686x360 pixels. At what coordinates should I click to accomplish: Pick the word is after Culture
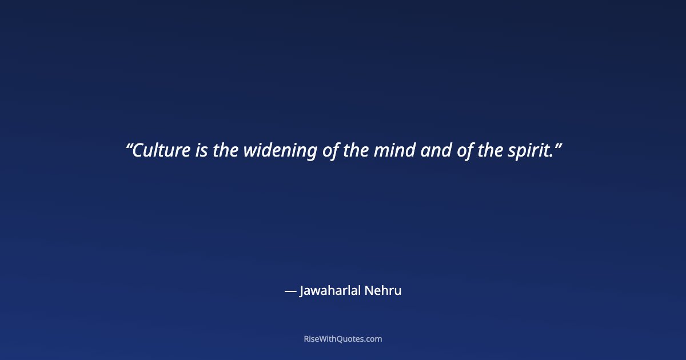tap(202, 151)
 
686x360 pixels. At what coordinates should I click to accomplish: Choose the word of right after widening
tap(332, 151)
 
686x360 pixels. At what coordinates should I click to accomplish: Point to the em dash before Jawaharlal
tap(290, 291)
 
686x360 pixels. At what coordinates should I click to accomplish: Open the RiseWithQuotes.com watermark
tap(343, 339)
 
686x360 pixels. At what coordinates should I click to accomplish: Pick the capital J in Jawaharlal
tap(302, 291)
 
